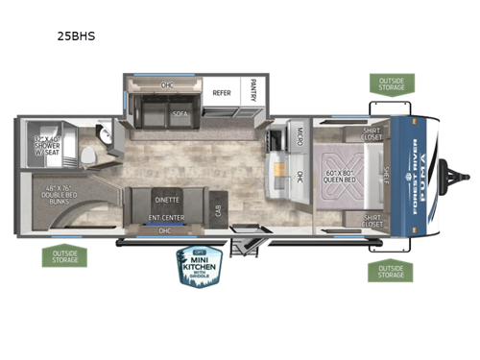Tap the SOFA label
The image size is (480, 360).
[180, 111]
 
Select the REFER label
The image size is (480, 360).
[222, 94]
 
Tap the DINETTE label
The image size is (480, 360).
[166, 200]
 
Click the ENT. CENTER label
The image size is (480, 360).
[166, 218]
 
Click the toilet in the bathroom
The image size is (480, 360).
[89, 154]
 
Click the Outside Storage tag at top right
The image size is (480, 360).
[390, 84]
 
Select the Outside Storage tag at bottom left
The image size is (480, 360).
[60, 256]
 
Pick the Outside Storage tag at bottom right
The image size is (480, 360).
[389, 270]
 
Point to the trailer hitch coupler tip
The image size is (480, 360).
[468, 175]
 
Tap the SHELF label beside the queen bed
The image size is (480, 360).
[384, 174]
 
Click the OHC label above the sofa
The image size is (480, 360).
[167, 85]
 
